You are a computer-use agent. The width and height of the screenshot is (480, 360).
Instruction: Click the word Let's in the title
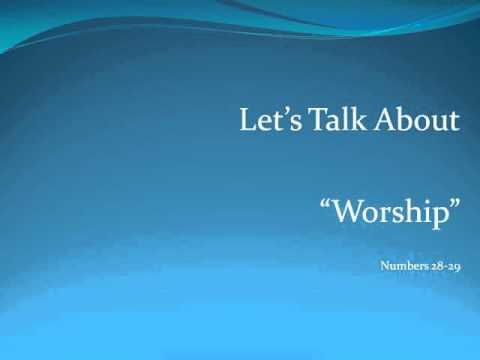tap(264, 121)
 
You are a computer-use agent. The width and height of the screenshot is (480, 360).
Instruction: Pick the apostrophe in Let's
tap(279, 113)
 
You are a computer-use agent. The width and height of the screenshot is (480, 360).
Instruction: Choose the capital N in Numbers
tap(386, 267)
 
